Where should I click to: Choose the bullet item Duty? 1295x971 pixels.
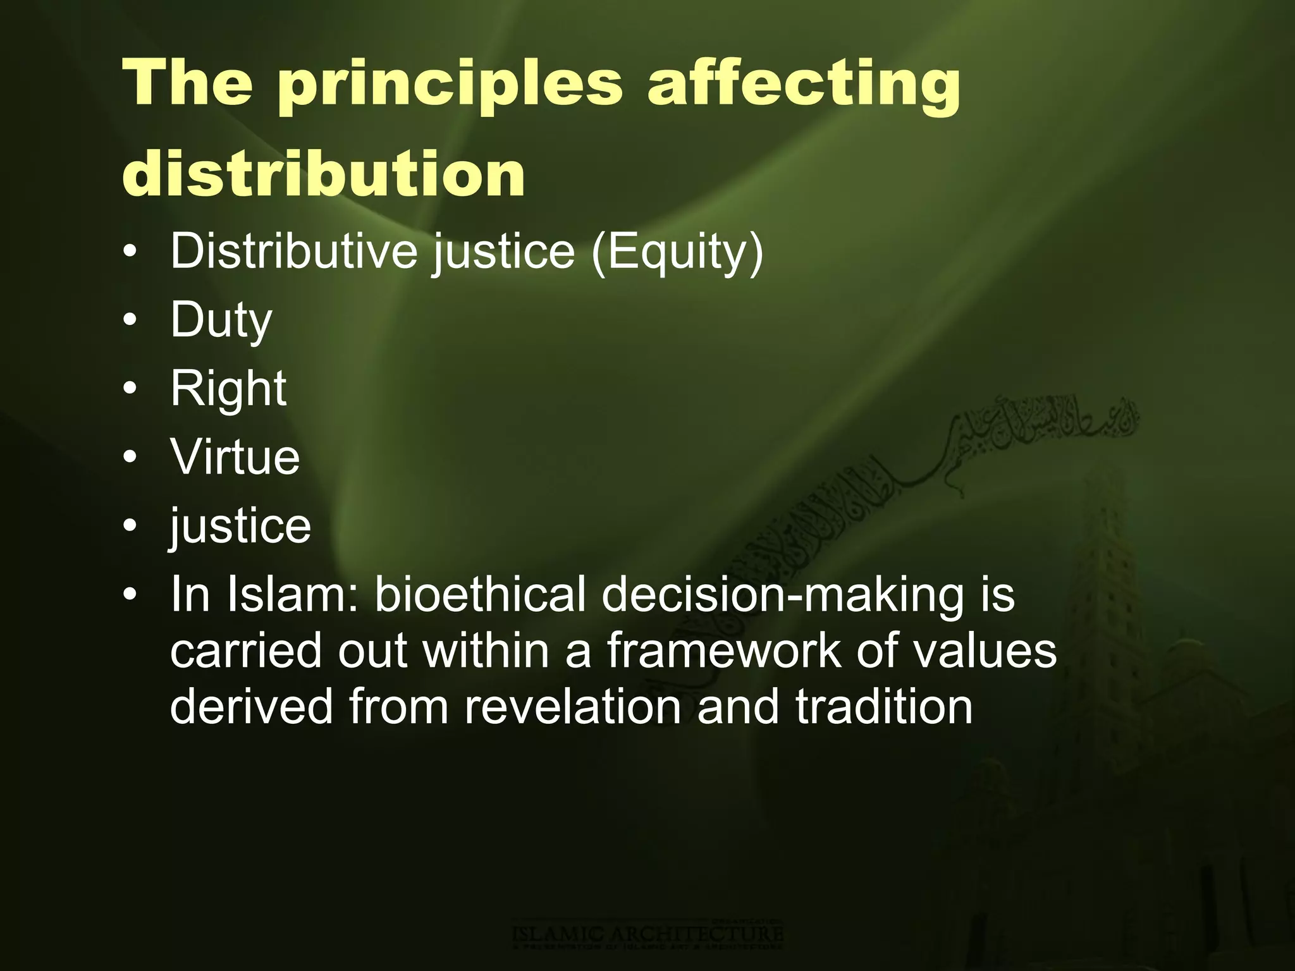click(221, 320)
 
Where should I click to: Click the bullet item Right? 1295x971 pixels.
click(228, 388)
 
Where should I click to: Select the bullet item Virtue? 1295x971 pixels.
click(235, 456)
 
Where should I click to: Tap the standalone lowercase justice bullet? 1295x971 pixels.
click(240, 525)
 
